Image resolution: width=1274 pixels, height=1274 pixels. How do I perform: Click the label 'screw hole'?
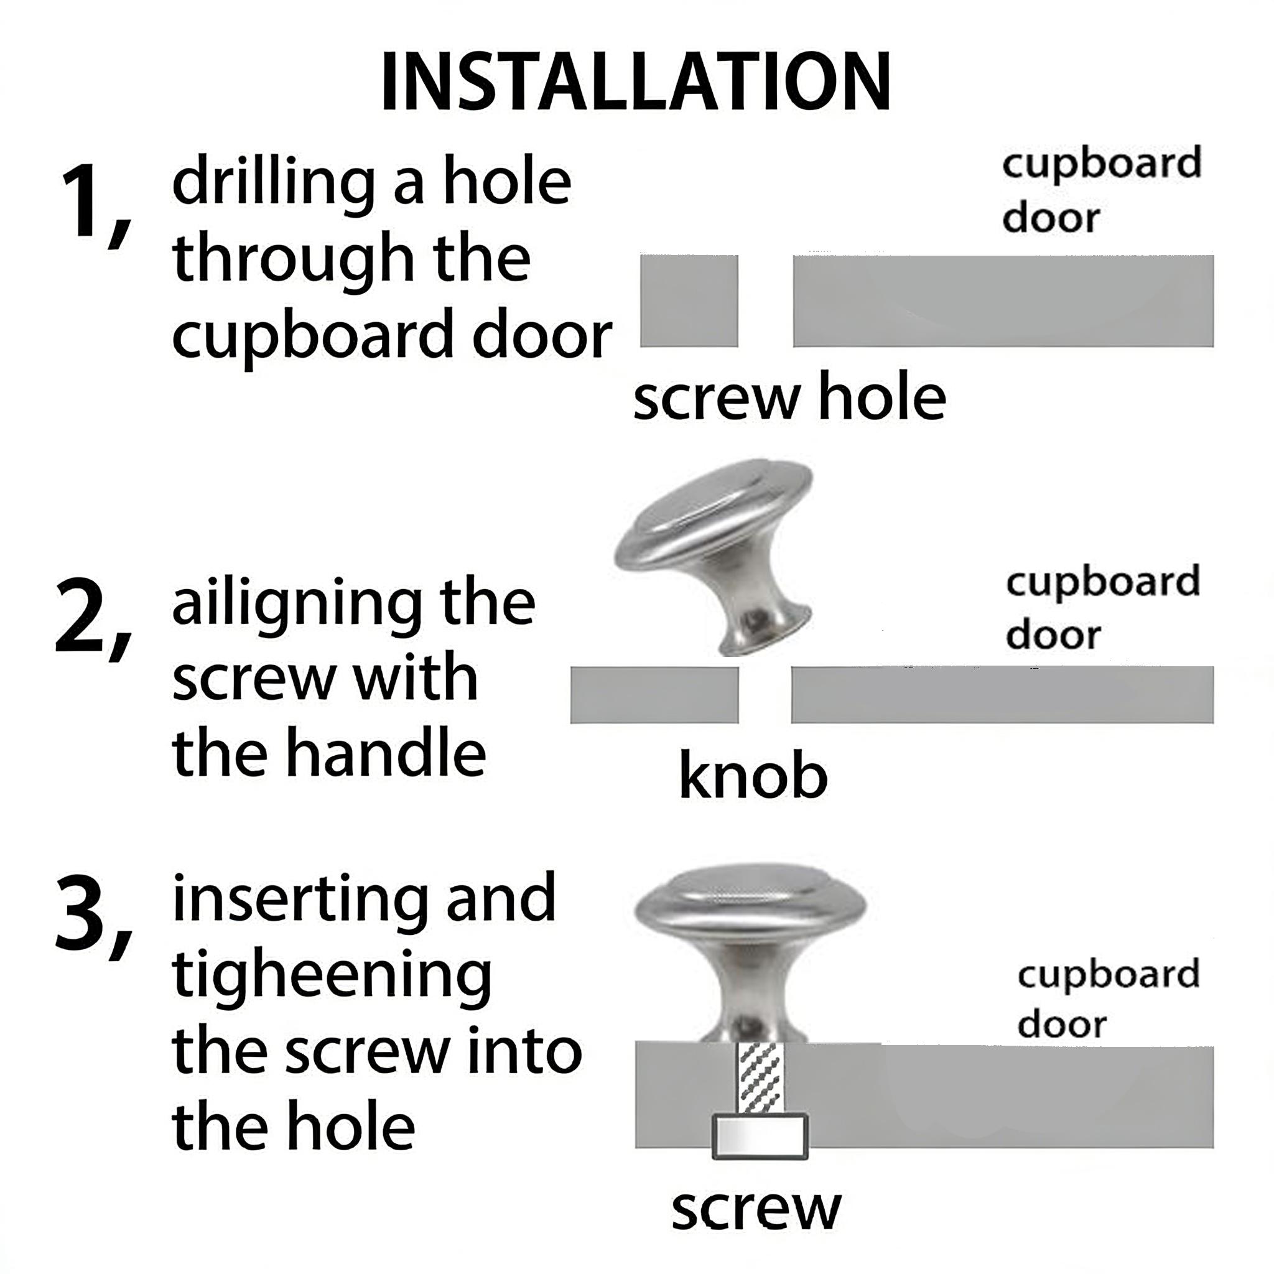click(789, 399)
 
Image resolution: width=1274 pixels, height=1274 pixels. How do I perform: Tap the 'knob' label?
click(753, 776)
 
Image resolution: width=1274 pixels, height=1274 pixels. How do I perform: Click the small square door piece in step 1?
click(689, 300)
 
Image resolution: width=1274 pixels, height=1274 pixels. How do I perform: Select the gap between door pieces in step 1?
click(765, 300)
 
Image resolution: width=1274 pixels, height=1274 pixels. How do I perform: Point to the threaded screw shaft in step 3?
click(760, 1080)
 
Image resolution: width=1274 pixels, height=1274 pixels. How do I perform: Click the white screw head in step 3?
click(760, 1136)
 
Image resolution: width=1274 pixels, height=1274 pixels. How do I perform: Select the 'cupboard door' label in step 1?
click(1101, 190)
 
